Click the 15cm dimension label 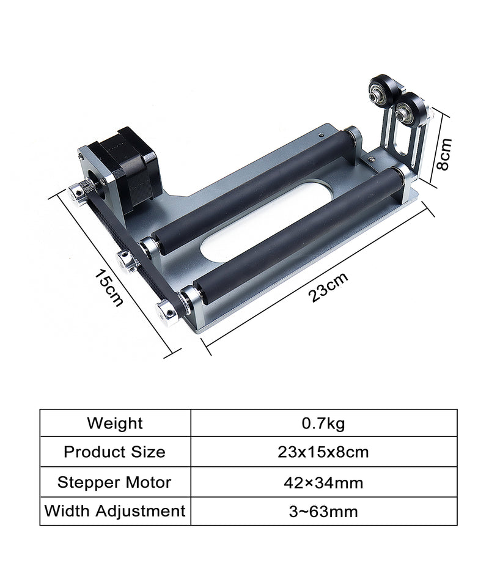109,287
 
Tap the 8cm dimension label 445,153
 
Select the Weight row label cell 115,423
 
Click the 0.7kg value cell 323,423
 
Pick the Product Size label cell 115,452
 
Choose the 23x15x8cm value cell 323,452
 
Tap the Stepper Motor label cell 115,482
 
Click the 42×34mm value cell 323,482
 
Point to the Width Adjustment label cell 115,510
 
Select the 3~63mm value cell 323,511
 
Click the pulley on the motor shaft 78,192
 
